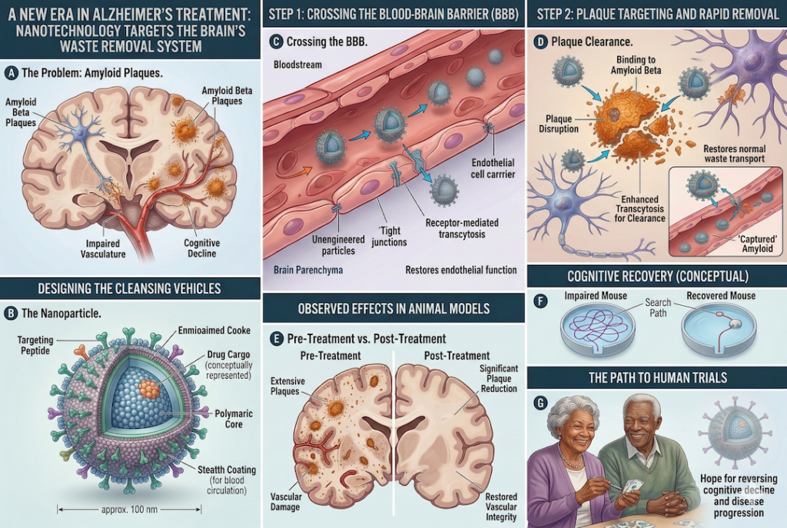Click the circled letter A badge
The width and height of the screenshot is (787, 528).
click(x=12, y=73)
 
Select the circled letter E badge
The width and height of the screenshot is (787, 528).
click(x=274, y=339)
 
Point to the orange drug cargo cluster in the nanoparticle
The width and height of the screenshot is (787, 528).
click(x=148, y=387)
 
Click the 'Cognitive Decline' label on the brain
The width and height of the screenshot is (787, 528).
click(x=203, y=247)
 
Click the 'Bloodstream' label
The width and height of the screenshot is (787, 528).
click(x=299, y=64)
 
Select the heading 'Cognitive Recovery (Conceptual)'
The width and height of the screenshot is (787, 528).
click(x=657, y=276)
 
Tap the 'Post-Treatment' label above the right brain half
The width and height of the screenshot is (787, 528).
click(x=457, y=356)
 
